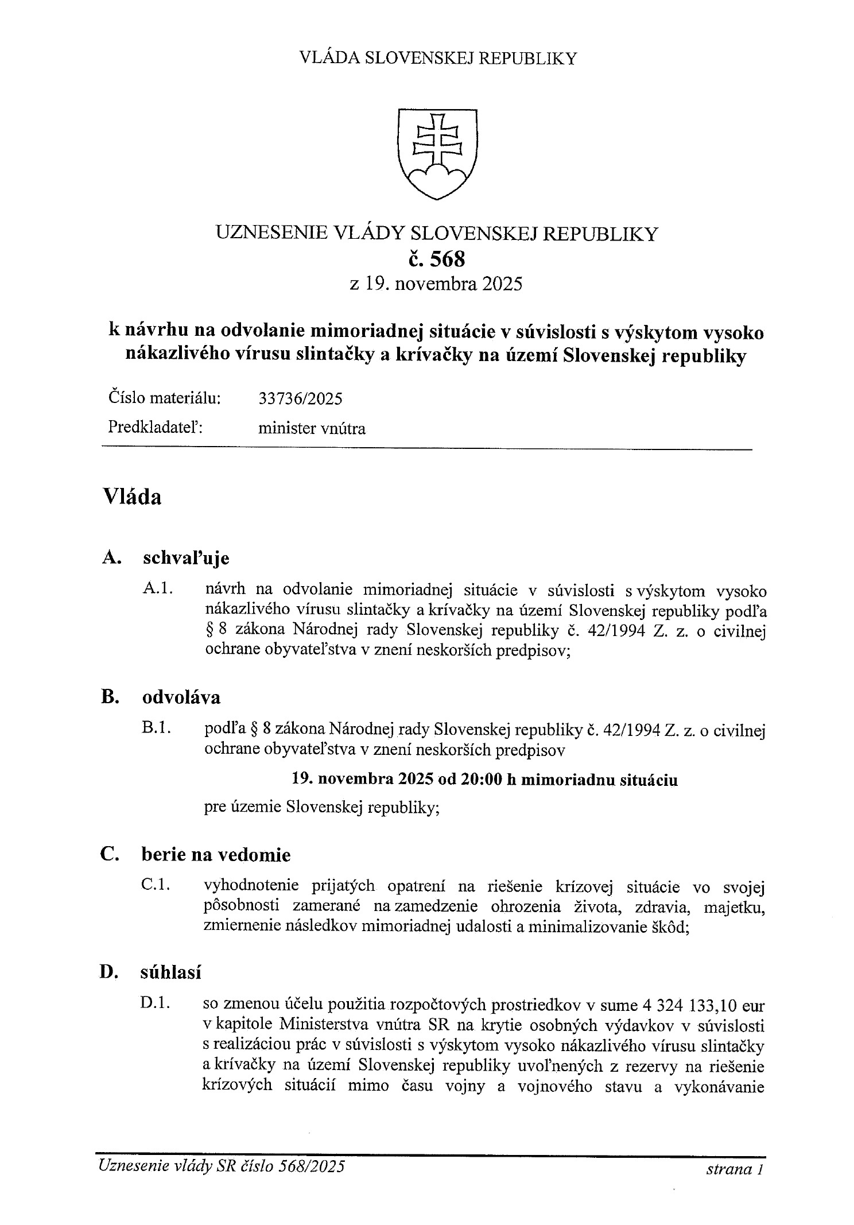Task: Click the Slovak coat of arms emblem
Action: (x=437, y=154)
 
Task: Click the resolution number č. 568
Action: (x=437, y=259)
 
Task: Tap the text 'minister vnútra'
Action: (x=312, y=428)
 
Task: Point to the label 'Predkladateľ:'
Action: (x=156, y=428)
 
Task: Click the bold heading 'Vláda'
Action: (x=132, y=497)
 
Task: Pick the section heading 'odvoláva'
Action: (x=181, y=697)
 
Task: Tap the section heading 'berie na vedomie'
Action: (x=216, y=855)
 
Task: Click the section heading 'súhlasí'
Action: (x=170, y=972)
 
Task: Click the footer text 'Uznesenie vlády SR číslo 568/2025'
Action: (x=222, y=1166)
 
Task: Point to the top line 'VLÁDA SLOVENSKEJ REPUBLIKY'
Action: (x=438, y=59)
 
